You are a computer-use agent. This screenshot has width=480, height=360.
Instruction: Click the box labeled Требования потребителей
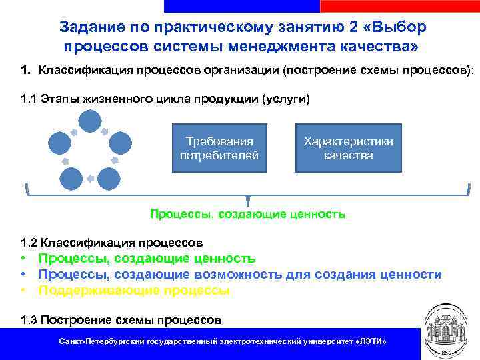point(219,149)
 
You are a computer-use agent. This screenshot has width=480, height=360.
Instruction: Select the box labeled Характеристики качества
point(348,149)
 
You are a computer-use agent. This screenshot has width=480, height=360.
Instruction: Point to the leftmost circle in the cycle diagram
point(59,143)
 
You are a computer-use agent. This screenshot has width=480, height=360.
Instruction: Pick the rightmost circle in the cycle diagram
point(120,143)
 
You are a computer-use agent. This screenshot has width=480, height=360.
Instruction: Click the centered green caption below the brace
point(247,214)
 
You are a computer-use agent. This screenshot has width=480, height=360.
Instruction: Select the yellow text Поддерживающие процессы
point(134,291)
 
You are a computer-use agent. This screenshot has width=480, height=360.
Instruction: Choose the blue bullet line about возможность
point(239,275)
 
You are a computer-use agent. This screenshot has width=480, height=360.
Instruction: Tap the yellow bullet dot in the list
point(23,291)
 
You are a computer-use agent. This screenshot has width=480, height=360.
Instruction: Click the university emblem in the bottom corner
point(448,330)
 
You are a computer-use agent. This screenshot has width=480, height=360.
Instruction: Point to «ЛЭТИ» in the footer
point(371,341)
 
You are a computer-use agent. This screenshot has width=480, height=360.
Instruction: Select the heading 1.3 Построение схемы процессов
point(121,319)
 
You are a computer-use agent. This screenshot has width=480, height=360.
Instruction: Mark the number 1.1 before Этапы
point(29,100)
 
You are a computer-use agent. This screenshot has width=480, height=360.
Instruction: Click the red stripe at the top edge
point(399,5)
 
